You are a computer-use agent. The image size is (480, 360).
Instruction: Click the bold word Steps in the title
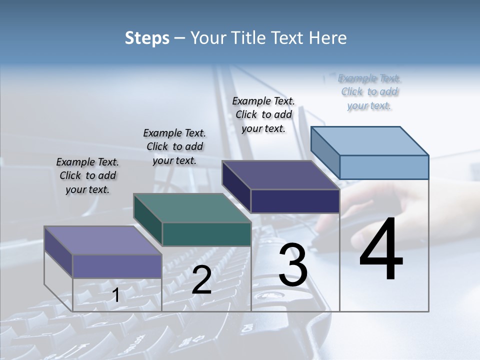tap(147, 38)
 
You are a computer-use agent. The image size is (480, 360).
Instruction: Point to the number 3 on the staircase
tap(293, 265)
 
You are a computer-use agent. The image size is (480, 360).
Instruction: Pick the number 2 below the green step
tap(201, 280)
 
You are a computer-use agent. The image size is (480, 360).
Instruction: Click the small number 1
tap(116, 295)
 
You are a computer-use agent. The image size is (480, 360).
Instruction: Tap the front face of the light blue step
tap(384, 167)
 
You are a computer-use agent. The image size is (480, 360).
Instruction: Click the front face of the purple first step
tap(117, 266)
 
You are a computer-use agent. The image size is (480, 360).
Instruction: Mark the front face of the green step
tap(206, 234)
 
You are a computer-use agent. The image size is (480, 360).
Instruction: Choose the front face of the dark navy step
tap(295, 201)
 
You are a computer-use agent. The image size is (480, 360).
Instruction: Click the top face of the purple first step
tap(103, 240)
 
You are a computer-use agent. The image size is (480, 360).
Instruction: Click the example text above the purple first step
tap(87, 175)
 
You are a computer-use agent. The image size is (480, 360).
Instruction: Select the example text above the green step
tap(174, 146)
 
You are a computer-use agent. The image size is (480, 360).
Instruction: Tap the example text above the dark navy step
tap(263, 114)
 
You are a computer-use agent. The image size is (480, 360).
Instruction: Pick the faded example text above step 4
tap(369, 91)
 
